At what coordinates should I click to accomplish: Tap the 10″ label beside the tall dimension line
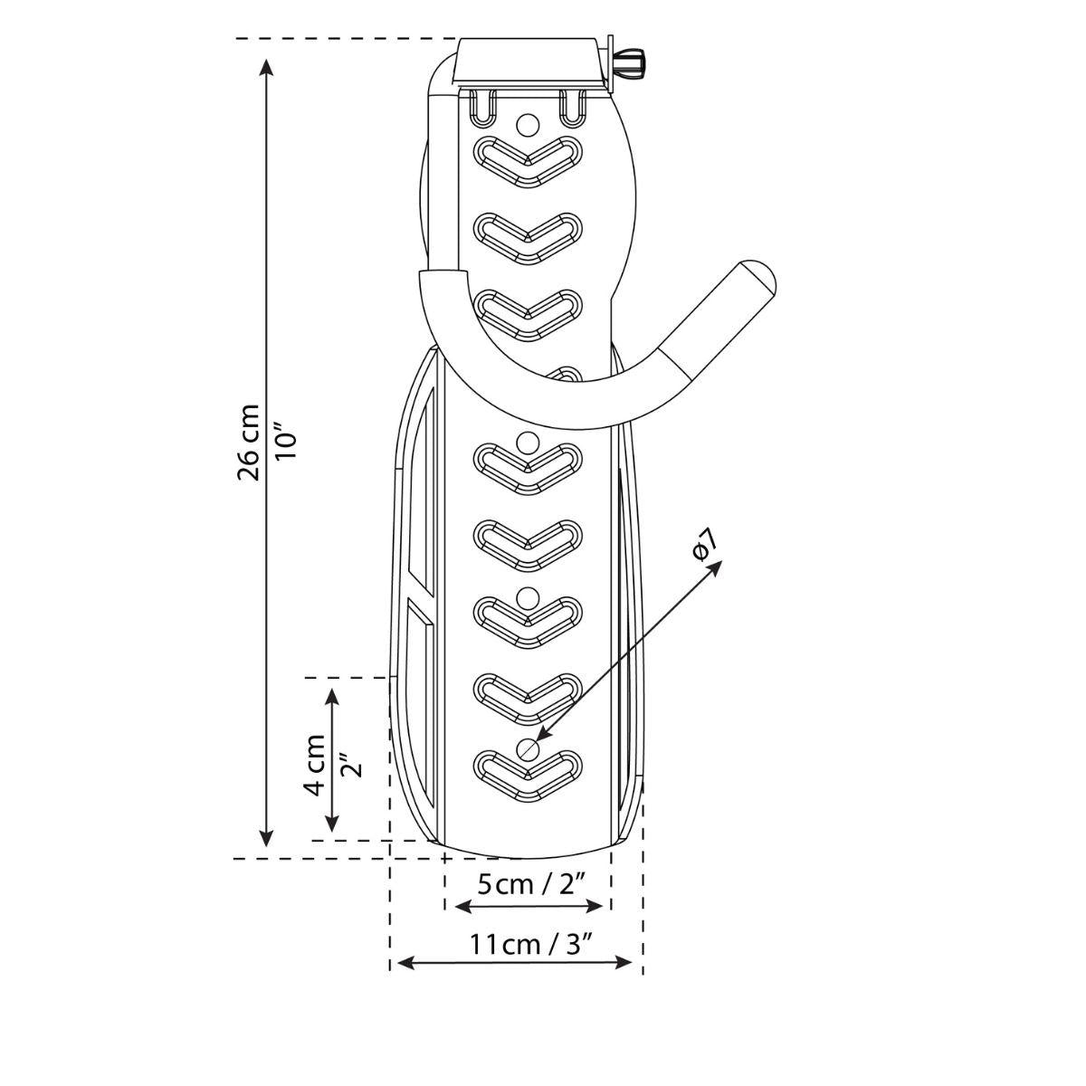click(287, 444)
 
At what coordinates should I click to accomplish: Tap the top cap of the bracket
click(529, 63)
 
